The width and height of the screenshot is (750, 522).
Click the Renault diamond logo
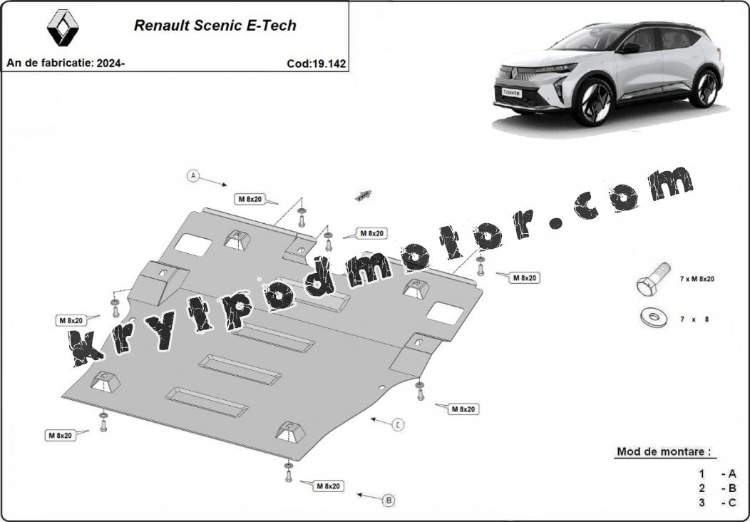point(63,29)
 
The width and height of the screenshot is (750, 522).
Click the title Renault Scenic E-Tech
point(215,26)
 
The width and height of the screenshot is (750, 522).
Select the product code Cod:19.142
point(316,63)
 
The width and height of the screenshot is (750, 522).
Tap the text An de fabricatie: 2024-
point(66,63)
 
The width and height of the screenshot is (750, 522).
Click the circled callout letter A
point(192,176)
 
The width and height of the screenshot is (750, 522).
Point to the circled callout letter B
point(389,501)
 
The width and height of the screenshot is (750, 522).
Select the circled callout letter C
point(398,424)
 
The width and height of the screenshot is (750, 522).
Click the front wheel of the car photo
point(594,102)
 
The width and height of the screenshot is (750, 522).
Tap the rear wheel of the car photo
point(704,88)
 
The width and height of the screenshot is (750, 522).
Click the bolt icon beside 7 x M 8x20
point(653,279)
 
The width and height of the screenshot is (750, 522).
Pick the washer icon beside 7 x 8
point(654,317)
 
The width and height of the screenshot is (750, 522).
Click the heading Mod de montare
point(664,451)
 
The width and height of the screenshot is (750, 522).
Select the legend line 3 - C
point(717,503)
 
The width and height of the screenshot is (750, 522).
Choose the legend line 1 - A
point(717,474)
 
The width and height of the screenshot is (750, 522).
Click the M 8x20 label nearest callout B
point(328,486)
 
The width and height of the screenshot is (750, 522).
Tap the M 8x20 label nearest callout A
point(250,199)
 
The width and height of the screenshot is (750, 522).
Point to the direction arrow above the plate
point(363,195)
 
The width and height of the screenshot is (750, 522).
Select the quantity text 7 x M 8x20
point(697,278)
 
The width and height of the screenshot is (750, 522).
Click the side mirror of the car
point(629,48)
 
